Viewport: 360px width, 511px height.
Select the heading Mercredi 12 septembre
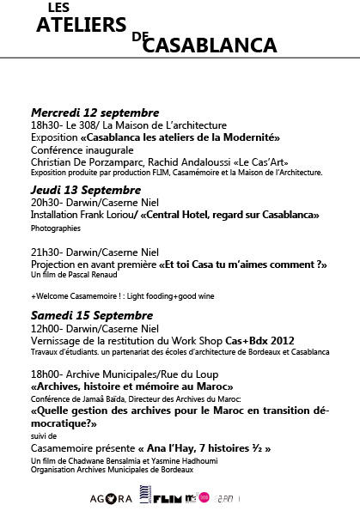[x=95, y=113]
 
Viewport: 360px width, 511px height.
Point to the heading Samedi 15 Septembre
[x=88, y=313]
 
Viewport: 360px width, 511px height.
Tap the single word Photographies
[x=55, y=229]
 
